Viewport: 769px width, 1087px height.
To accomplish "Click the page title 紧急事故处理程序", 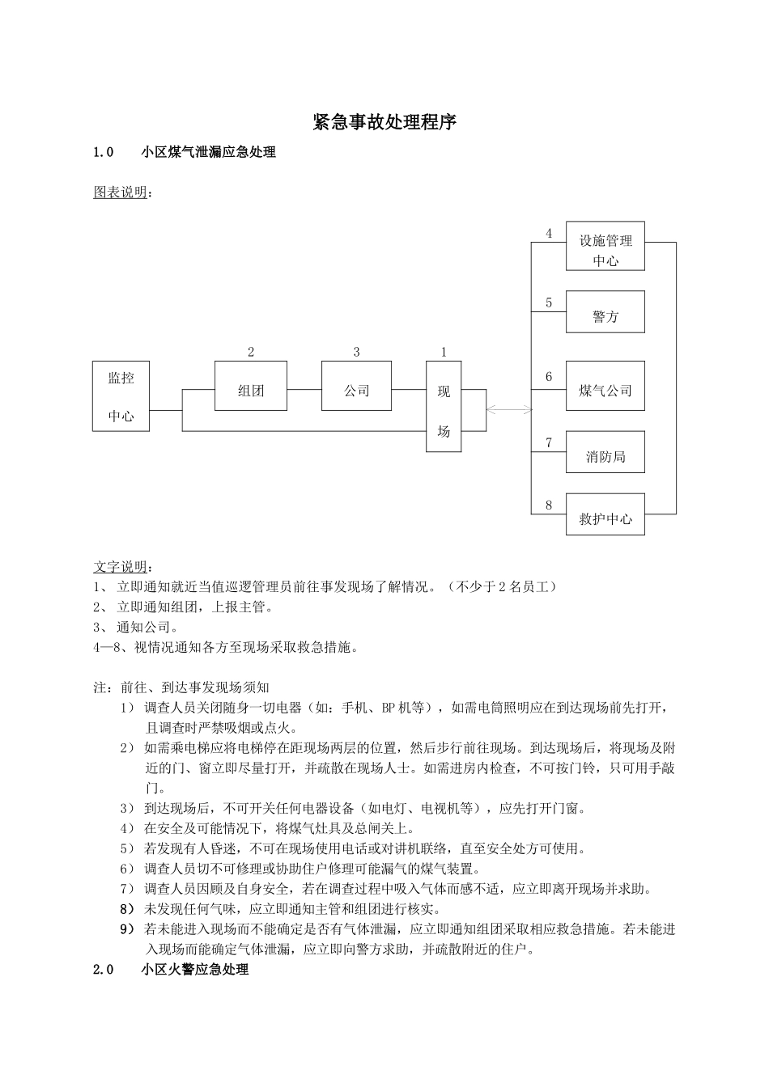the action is click(384, 122).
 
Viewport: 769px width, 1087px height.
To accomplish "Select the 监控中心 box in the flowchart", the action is click(121, 396).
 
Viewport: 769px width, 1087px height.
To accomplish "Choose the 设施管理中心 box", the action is click(605, 246).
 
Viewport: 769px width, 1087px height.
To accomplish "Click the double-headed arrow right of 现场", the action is click(509, 410).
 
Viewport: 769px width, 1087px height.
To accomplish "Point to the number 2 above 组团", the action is click(251, 352).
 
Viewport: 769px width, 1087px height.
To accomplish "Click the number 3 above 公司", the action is click(356, 352).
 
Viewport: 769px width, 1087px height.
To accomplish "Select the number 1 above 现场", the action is click(444, 352).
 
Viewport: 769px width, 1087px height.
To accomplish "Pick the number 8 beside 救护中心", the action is click(549, 505).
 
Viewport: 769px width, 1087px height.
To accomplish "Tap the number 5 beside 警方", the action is click(549, 302).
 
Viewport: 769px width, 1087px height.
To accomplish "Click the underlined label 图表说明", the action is click(121, 192).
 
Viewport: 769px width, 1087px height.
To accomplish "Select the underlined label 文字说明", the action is click(121, 566).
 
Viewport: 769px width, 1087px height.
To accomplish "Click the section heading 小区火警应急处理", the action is click(194, 970).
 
